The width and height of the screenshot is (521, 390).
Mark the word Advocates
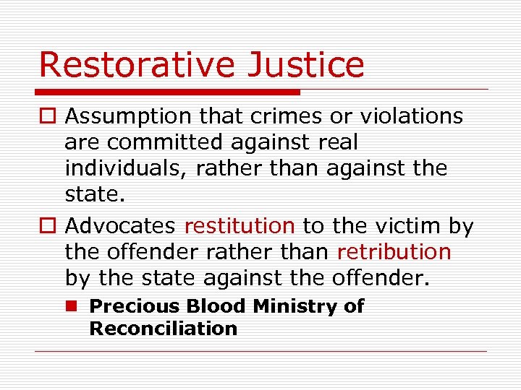pos(120,226)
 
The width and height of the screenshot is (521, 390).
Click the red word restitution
pos(240,226)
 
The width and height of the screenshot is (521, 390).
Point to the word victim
pos(405,226)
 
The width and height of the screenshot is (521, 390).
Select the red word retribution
pos(394,252)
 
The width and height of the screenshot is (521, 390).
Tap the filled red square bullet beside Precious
pos(72,306)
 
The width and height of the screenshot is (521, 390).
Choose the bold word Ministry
pos(297,306)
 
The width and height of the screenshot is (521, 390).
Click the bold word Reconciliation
pos(163,329)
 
